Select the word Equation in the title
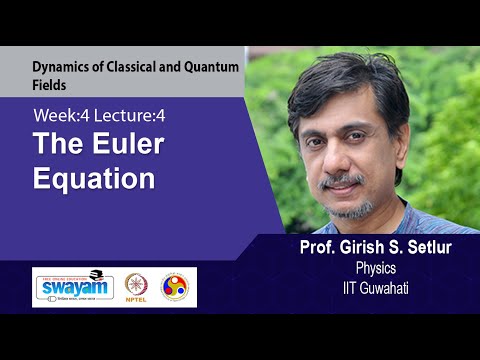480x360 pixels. click(94, 180)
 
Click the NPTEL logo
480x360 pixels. click(137, 287)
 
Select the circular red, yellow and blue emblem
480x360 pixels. click(177, 287)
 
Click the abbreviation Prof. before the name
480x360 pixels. click(308, 248)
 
